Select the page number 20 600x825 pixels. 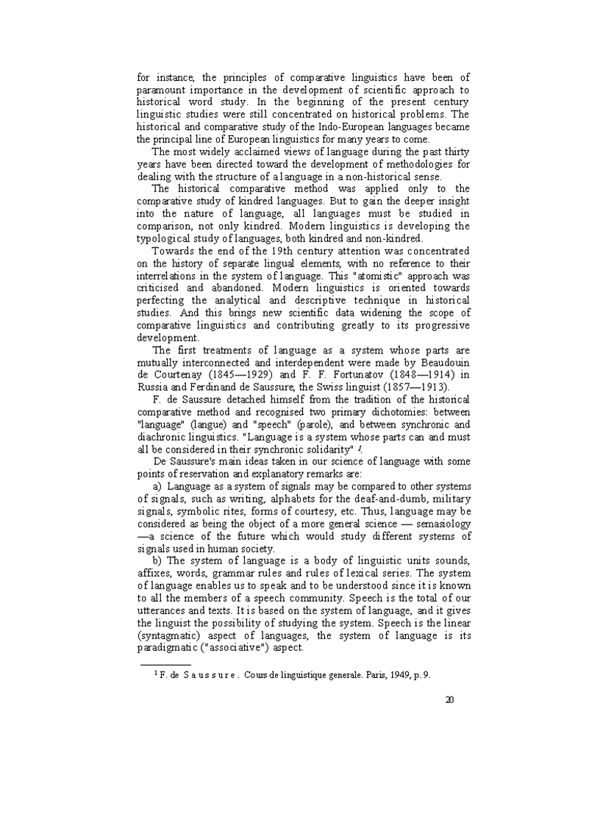[449, 699]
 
